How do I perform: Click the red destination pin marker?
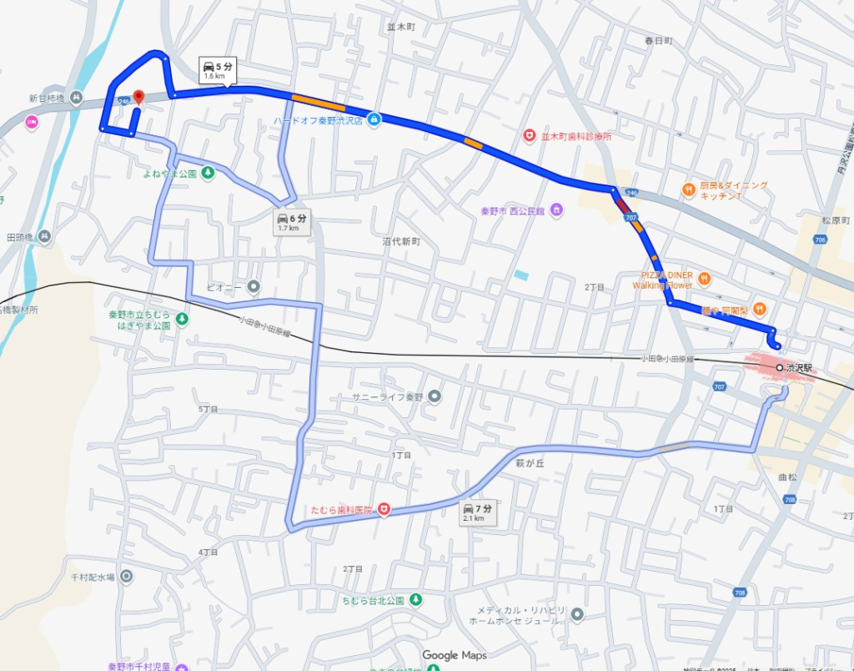point(138,98)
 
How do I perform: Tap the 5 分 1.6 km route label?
point(218,70)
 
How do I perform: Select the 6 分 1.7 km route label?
point(292,222)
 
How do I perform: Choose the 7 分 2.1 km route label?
point(478,512)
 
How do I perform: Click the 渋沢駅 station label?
point(798,367)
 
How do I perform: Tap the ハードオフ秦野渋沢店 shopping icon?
point(374,119)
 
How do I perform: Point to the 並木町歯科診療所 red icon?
point(529,135)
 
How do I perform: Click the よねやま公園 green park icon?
point(208,173)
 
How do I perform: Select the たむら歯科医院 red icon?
point(384,508)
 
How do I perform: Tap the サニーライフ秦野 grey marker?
point(434,396)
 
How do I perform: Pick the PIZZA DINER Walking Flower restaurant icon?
point(705,278)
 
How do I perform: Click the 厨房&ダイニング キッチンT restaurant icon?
point(688,189)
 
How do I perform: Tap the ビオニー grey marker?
point(254,287)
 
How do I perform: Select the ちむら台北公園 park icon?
point(417,600)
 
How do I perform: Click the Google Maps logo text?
point(455,655)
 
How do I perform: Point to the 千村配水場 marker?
point(126,576)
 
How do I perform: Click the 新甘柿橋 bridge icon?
point(76,98)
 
